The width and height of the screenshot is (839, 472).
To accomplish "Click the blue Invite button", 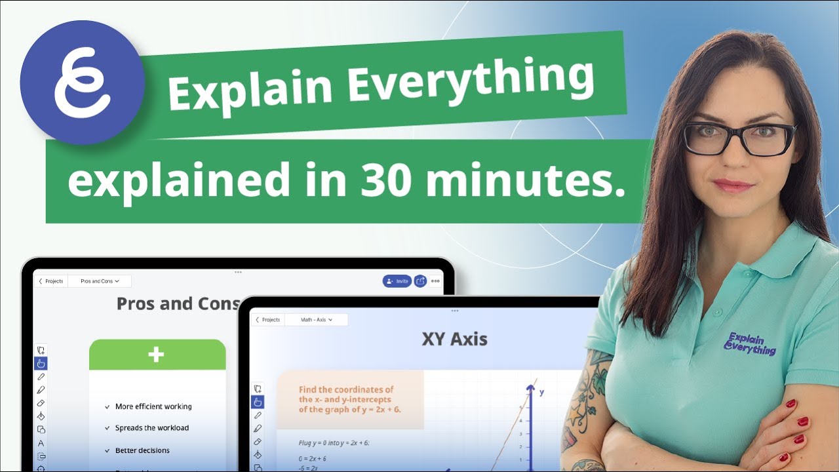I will point(397,281).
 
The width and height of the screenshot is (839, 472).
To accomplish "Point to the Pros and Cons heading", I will point(178,304).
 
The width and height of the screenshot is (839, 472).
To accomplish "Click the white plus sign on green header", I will point(156,355).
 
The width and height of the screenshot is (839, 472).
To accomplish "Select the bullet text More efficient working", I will point(153,406).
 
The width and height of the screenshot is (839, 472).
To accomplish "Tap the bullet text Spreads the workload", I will point(151,428).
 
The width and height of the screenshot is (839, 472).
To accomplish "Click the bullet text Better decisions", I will point(142,450).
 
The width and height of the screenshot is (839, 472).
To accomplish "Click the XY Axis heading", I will point(454,339).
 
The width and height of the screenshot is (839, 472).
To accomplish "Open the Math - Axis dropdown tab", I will point(317,320).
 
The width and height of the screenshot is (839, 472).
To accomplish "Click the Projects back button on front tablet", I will point(268,320).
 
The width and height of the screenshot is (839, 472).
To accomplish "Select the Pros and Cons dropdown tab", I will point(100,281).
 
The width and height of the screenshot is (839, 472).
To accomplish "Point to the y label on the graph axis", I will point(541,392).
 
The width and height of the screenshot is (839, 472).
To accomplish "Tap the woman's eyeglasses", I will point(739,138).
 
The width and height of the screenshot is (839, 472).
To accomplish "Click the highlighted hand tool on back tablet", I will point(41,363).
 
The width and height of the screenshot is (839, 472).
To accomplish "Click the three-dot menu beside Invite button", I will point(435,281).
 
